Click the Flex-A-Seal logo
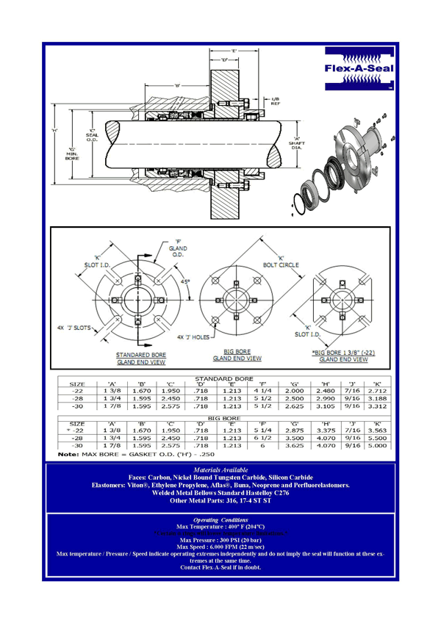coord(359,68)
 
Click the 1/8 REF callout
coord(276,101)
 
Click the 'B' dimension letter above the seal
coord(177,85)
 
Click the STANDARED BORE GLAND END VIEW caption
coord(140,358)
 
